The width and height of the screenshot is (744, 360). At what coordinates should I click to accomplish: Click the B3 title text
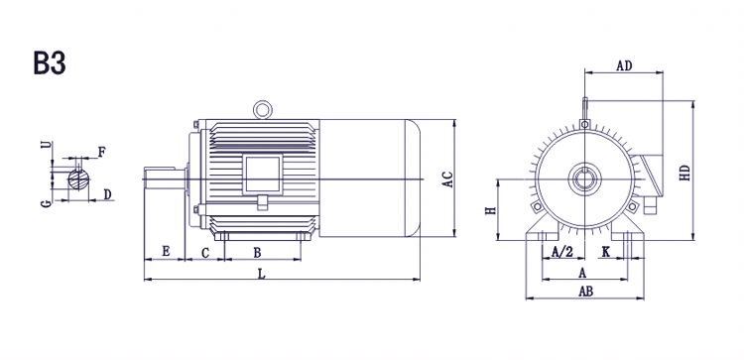(x=50, y=63)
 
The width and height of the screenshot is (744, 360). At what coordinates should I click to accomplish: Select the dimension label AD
(x=624, y=65)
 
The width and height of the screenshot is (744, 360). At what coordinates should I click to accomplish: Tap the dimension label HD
(x=684, y=173)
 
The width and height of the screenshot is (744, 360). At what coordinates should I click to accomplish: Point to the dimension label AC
(x=448, y=179)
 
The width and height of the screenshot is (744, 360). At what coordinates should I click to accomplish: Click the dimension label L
(x=261, y=273)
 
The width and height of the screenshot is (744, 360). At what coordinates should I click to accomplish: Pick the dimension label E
(x=166, y=251)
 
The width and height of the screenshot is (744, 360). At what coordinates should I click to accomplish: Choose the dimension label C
(x=205, y=253)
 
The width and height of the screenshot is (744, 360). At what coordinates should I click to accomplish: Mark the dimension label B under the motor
(x=257, y=253)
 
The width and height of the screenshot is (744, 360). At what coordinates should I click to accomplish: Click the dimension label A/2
(x=562, y=252)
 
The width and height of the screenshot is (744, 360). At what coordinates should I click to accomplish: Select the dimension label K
(x=606, y=252)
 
